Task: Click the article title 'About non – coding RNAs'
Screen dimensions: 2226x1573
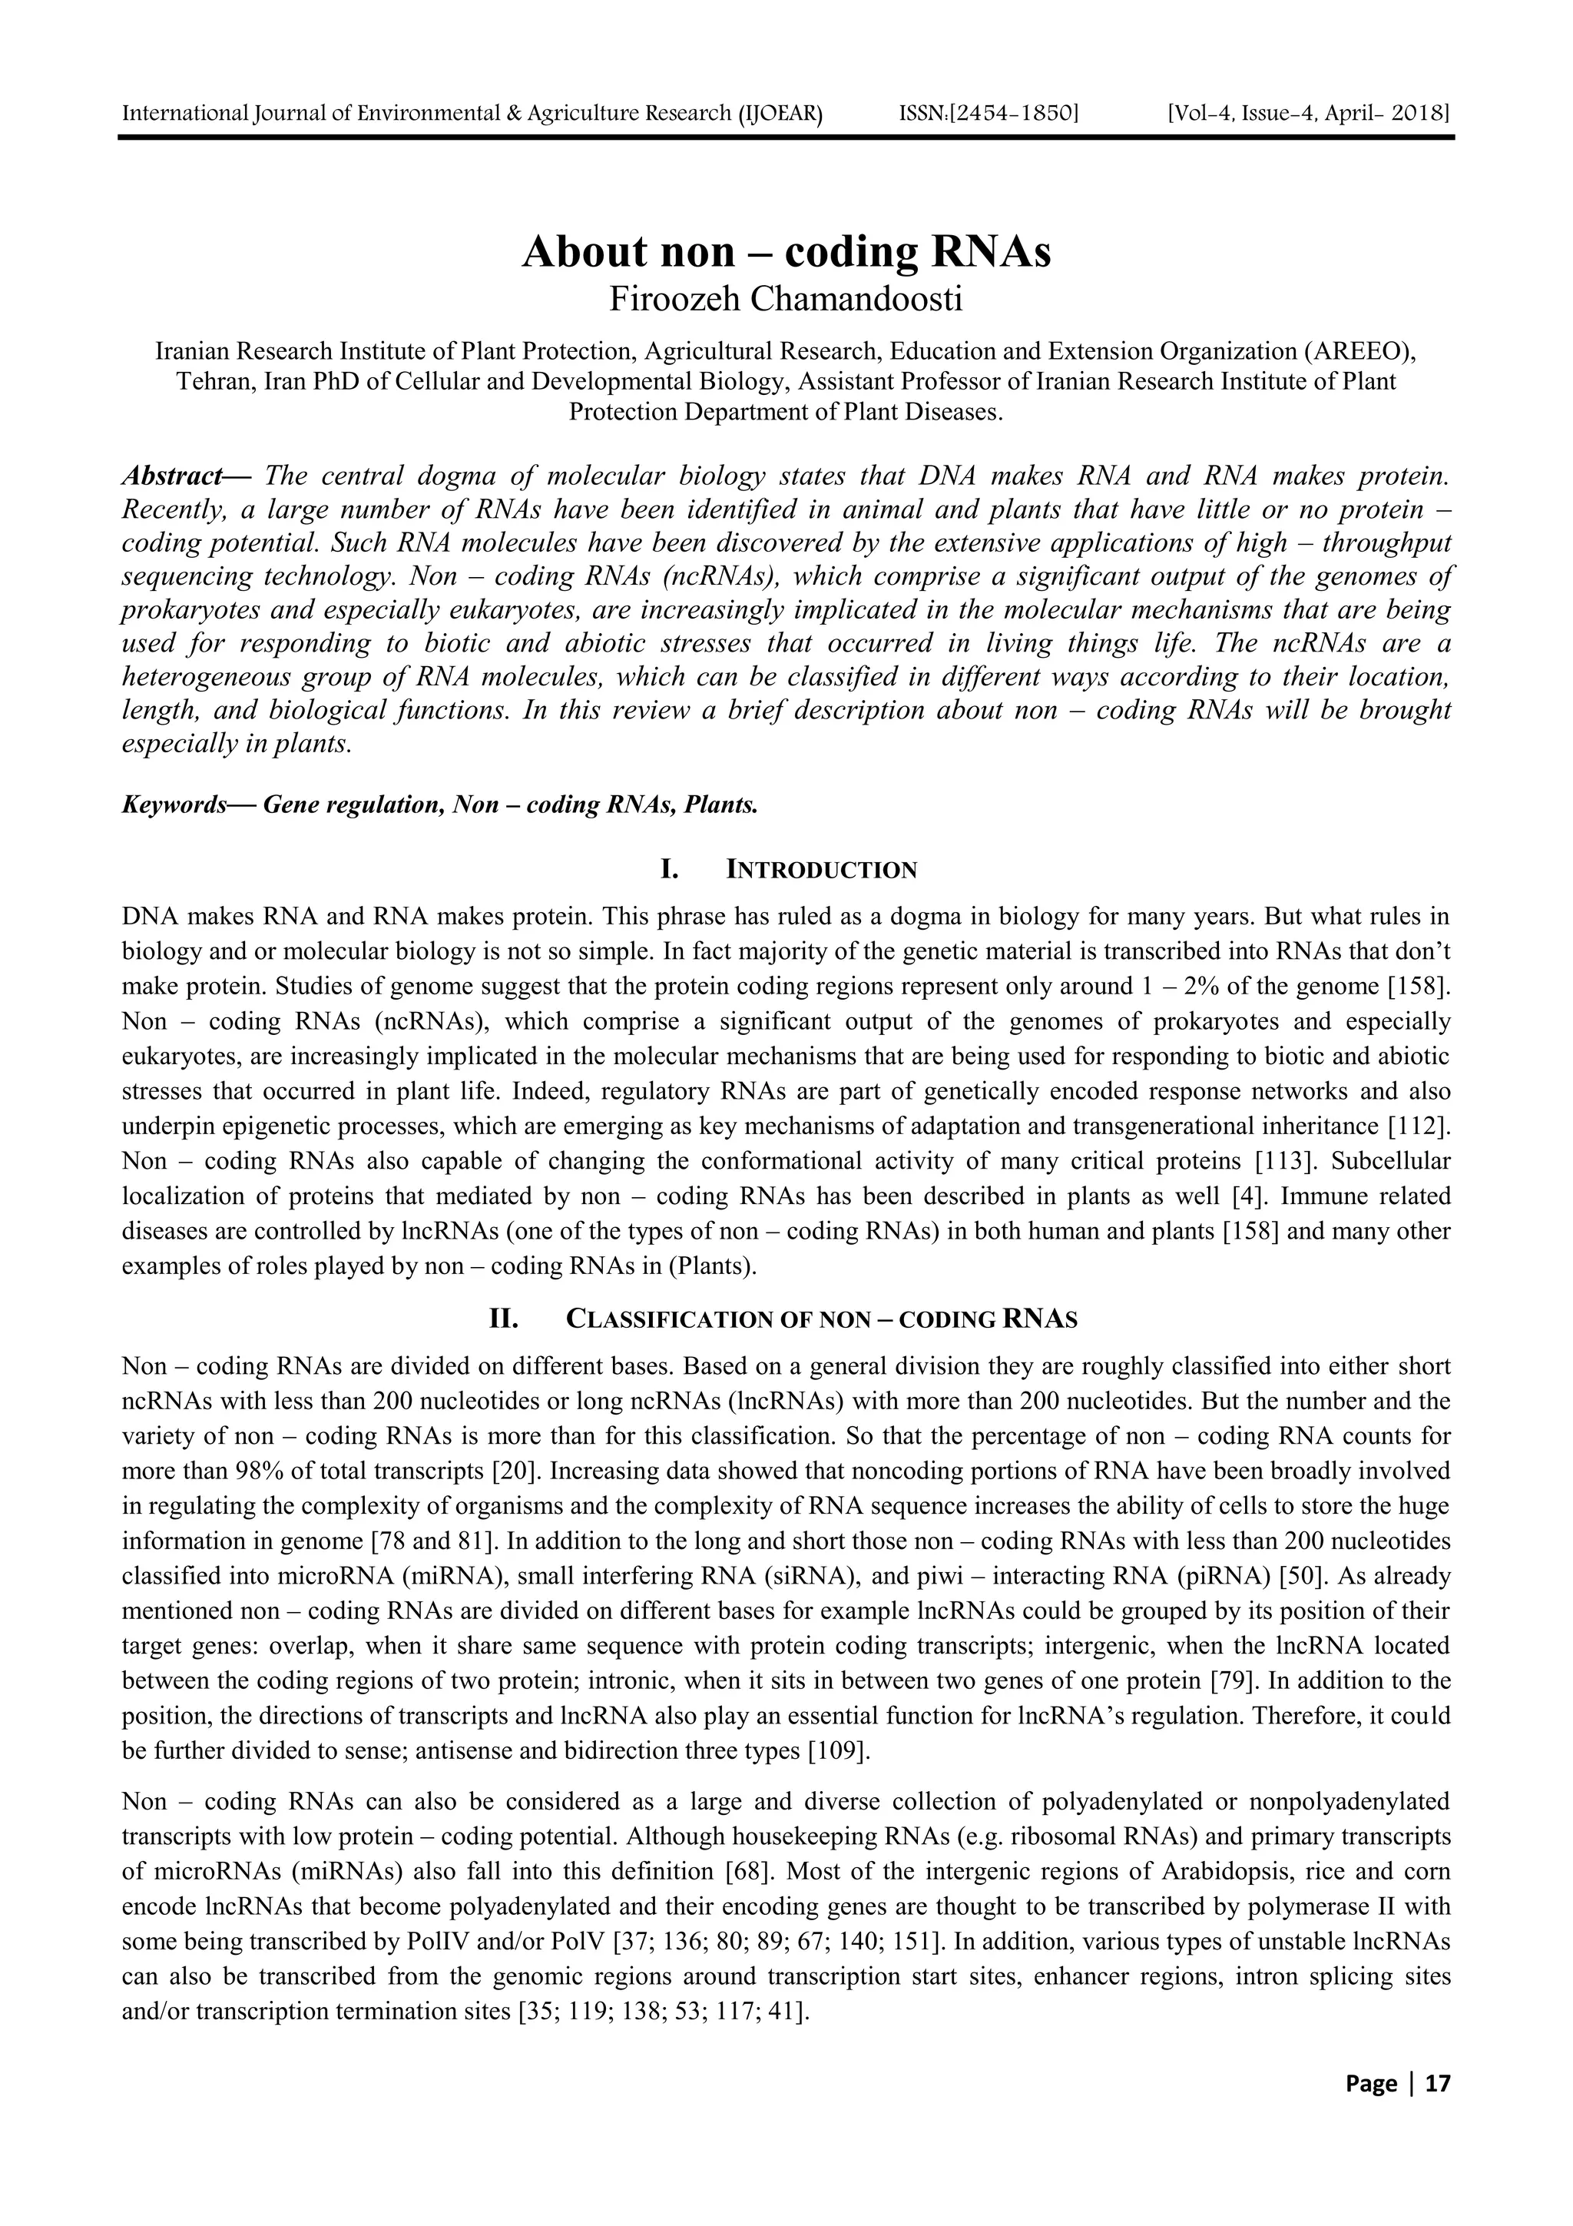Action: point(786,252)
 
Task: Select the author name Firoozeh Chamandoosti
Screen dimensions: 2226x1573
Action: point(786,300)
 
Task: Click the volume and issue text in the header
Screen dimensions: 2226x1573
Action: point(1309,114)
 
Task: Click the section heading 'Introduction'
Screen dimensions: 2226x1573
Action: point(821,870)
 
